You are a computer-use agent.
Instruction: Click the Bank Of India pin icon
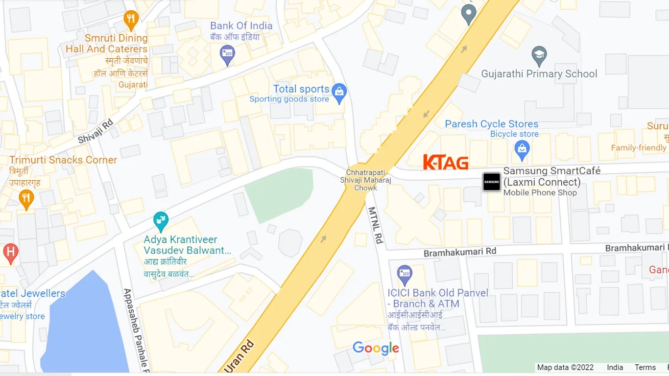coord(227,54)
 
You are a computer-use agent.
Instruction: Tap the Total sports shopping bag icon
coord(339,93)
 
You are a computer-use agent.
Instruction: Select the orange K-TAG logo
coord(446,163)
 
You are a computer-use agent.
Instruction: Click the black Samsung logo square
coord(492,182)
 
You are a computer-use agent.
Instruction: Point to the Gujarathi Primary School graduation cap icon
coord(539,56)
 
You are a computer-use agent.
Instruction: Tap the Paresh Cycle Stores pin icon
coord(522,149)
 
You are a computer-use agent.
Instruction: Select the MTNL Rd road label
coord(375,225)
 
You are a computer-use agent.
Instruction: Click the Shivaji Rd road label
coord(96,131)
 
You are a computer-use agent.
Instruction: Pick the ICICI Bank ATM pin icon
coord(405,275)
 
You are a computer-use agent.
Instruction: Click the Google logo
coord(376,348)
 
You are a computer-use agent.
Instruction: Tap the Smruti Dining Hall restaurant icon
coord(131,20)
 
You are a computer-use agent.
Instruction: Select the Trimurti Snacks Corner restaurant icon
coord(26,199)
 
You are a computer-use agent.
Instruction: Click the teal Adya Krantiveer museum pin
coord(161,221)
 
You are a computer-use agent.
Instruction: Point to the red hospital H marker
coord(10,253)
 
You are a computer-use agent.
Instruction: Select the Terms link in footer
coord(645,367)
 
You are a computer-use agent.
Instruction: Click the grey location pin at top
coord(469,14)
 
